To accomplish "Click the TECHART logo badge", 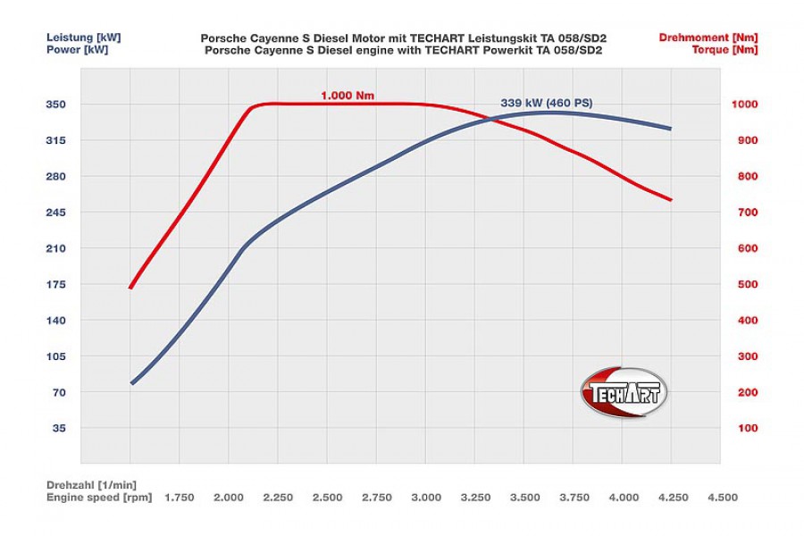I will point(624,392).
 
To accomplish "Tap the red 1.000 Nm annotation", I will point(348,95).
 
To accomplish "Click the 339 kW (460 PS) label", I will point(546,103).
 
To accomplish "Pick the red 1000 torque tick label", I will point(745,105).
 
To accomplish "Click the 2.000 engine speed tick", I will point(229,497).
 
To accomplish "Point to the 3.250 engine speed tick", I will point(475,497).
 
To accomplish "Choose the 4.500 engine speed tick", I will point(722,497).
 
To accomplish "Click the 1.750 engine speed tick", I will point(180,497).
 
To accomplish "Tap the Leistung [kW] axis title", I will point(83,38).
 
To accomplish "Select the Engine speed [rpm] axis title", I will point(99,497).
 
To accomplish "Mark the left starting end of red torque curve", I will point(130,288).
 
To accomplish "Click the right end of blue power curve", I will point(670,129).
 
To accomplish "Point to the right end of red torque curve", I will point(670,200).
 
